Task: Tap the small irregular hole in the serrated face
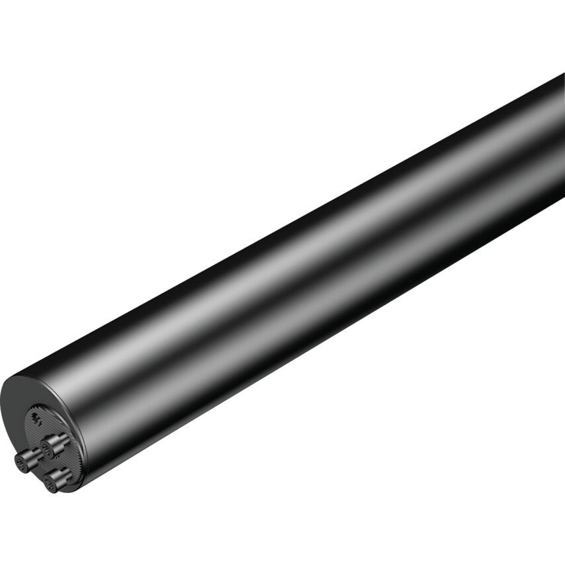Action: tap(37, 419)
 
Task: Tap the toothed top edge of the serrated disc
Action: tap(46, 406)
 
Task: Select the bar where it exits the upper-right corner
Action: tap(549, 119)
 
